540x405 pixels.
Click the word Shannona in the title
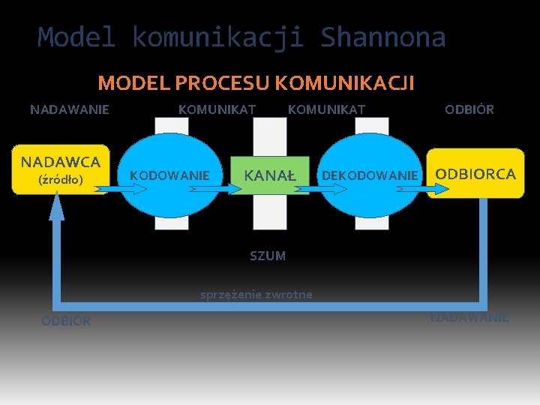(x=382, y=37)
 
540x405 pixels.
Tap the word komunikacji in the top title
(x=217, y=37)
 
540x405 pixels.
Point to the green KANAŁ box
(x=270, y=175)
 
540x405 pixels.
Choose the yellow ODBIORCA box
(x=475, y=175)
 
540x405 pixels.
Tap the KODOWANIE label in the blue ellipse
(x=169, y=175)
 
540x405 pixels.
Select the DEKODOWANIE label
(x=369, y=175)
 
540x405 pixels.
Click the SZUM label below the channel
(x=268, y=256)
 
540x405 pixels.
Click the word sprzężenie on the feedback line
(x=226, y=295)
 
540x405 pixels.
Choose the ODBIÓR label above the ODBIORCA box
(x=469, y=109)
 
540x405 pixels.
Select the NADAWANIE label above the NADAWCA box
(x=70, y=109)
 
